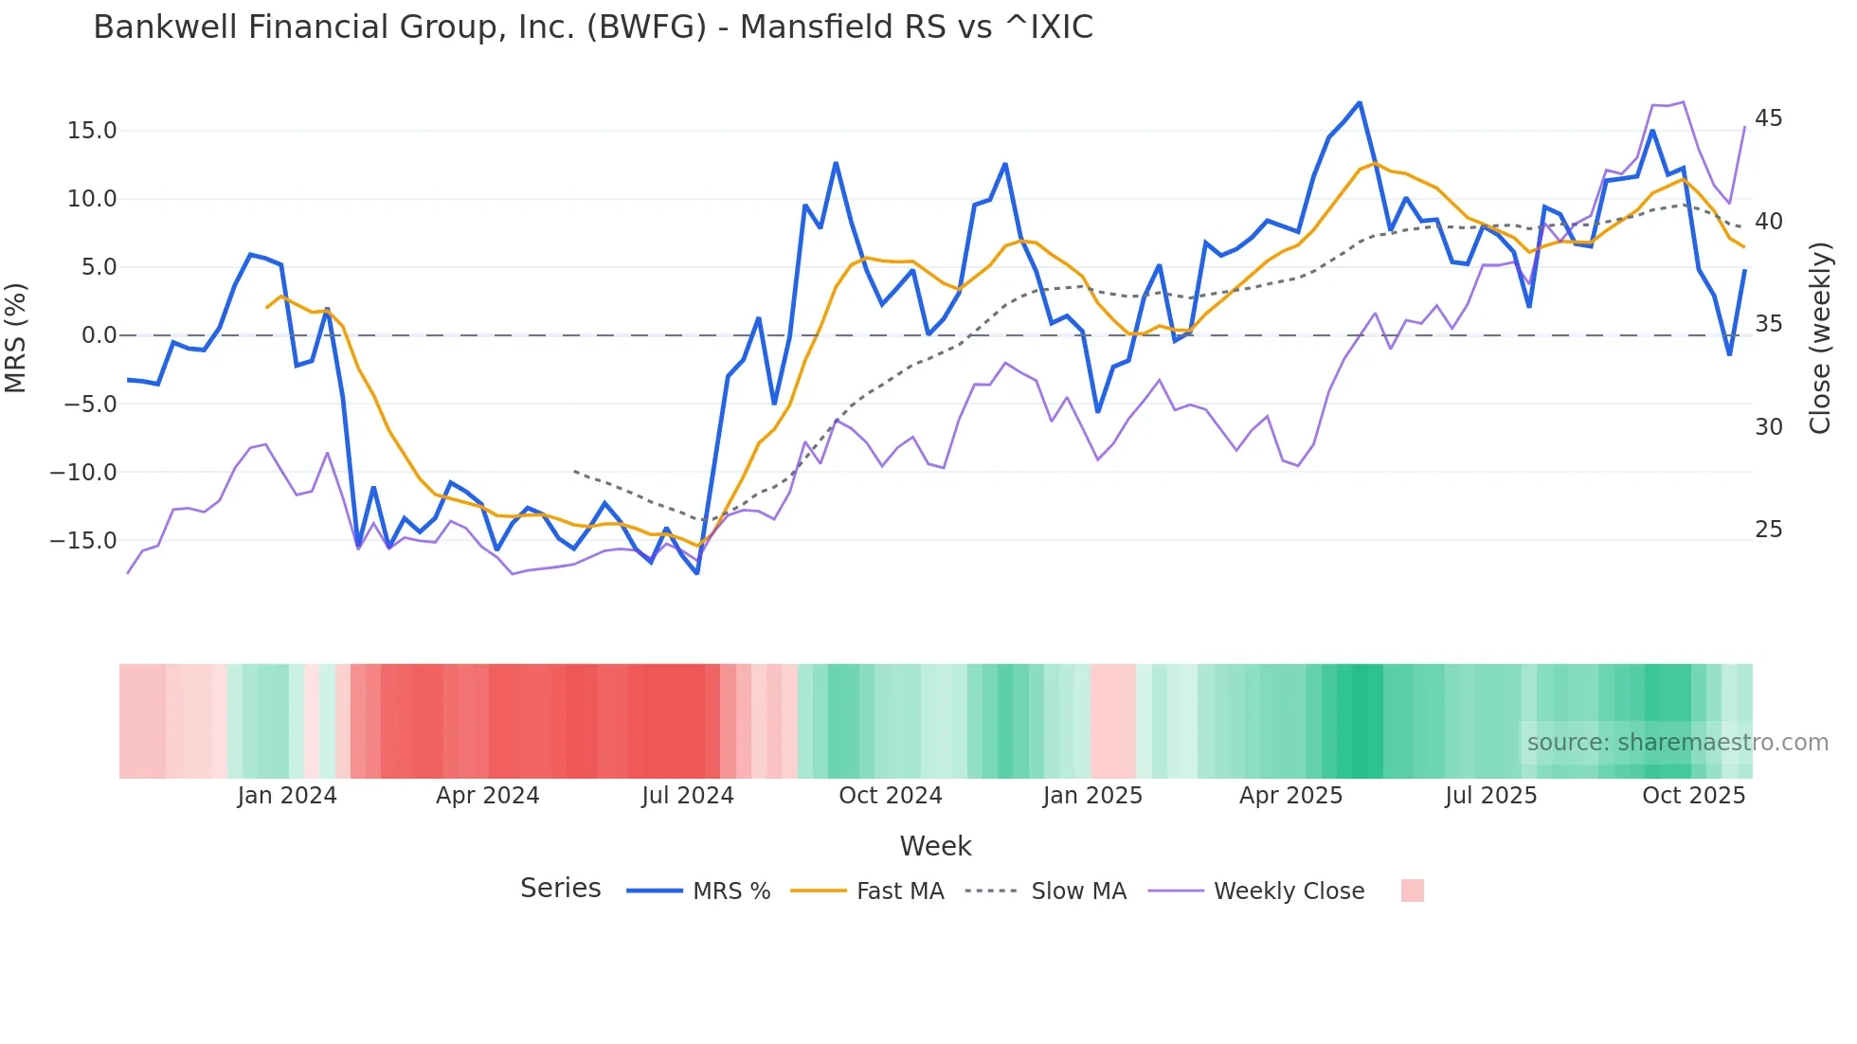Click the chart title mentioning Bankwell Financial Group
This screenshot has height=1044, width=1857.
[593, 27]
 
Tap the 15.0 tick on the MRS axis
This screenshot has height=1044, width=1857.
[92, 131]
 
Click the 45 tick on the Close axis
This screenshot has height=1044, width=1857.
[1768, 118]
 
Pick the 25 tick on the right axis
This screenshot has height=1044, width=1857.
[1768, 530]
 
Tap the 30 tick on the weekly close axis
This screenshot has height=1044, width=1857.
[1768, 427]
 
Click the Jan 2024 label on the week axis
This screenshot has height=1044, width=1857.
[287, 796]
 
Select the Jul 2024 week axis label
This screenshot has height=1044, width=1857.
[688, 796]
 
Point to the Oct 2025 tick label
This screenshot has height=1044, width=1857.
[1693, 796]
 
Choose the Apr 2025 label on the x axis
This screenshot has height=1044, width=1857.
[1290, 796]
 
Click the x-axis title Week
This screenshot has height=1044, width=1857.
[935, 846]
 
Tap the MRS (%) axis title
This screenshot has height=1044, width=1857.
[16, 337]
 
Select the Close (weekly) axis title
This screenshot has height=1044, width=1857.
[1820, 338]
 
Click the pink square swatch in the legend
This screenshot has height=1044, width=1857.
[1412, 891]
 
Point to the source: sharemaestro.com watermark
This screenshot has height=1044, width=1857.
[1677, 743]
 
